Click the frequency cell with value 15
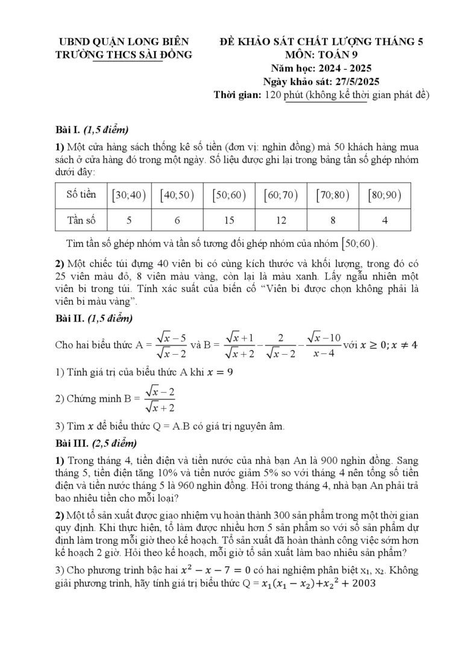pyautogui.click(x=229, y=220)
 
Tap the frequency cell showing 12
pyautogui.click(x=281, y=220)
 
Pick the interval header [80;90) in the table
pyautogui.click(x=385, y=195)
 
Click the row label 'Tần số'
pyautogui.click(x=81, y=220)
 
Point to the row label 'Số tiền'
pyautogui.click(x=81, y=195)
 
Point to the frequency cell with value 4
pyautogui.click(x=385, y=220)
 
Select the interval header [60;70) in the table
pyautogui.click(x=281, y=195)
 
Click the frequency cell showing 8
pyautogui.click(x=333, y=220)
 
